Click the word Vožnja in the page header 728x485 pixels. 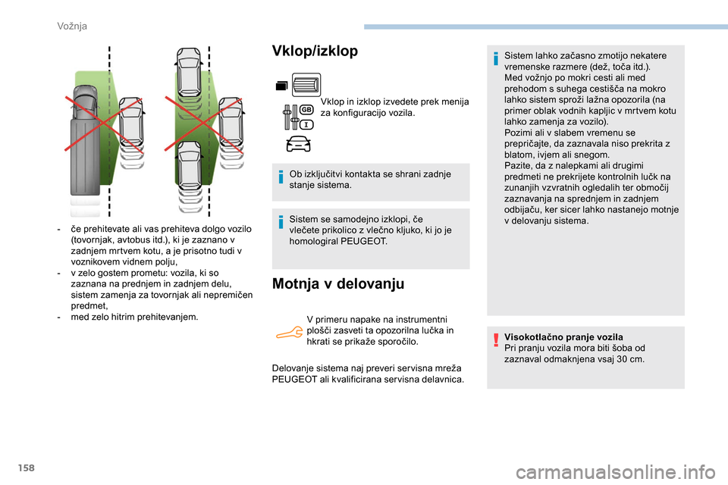click(72, 26)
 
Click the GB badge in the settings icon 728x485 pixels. click(307, 110)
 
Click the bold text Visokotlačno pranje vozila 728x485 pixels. click(563, 336)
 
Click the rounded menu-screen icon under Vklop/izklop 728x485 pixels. click(306, 85)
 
